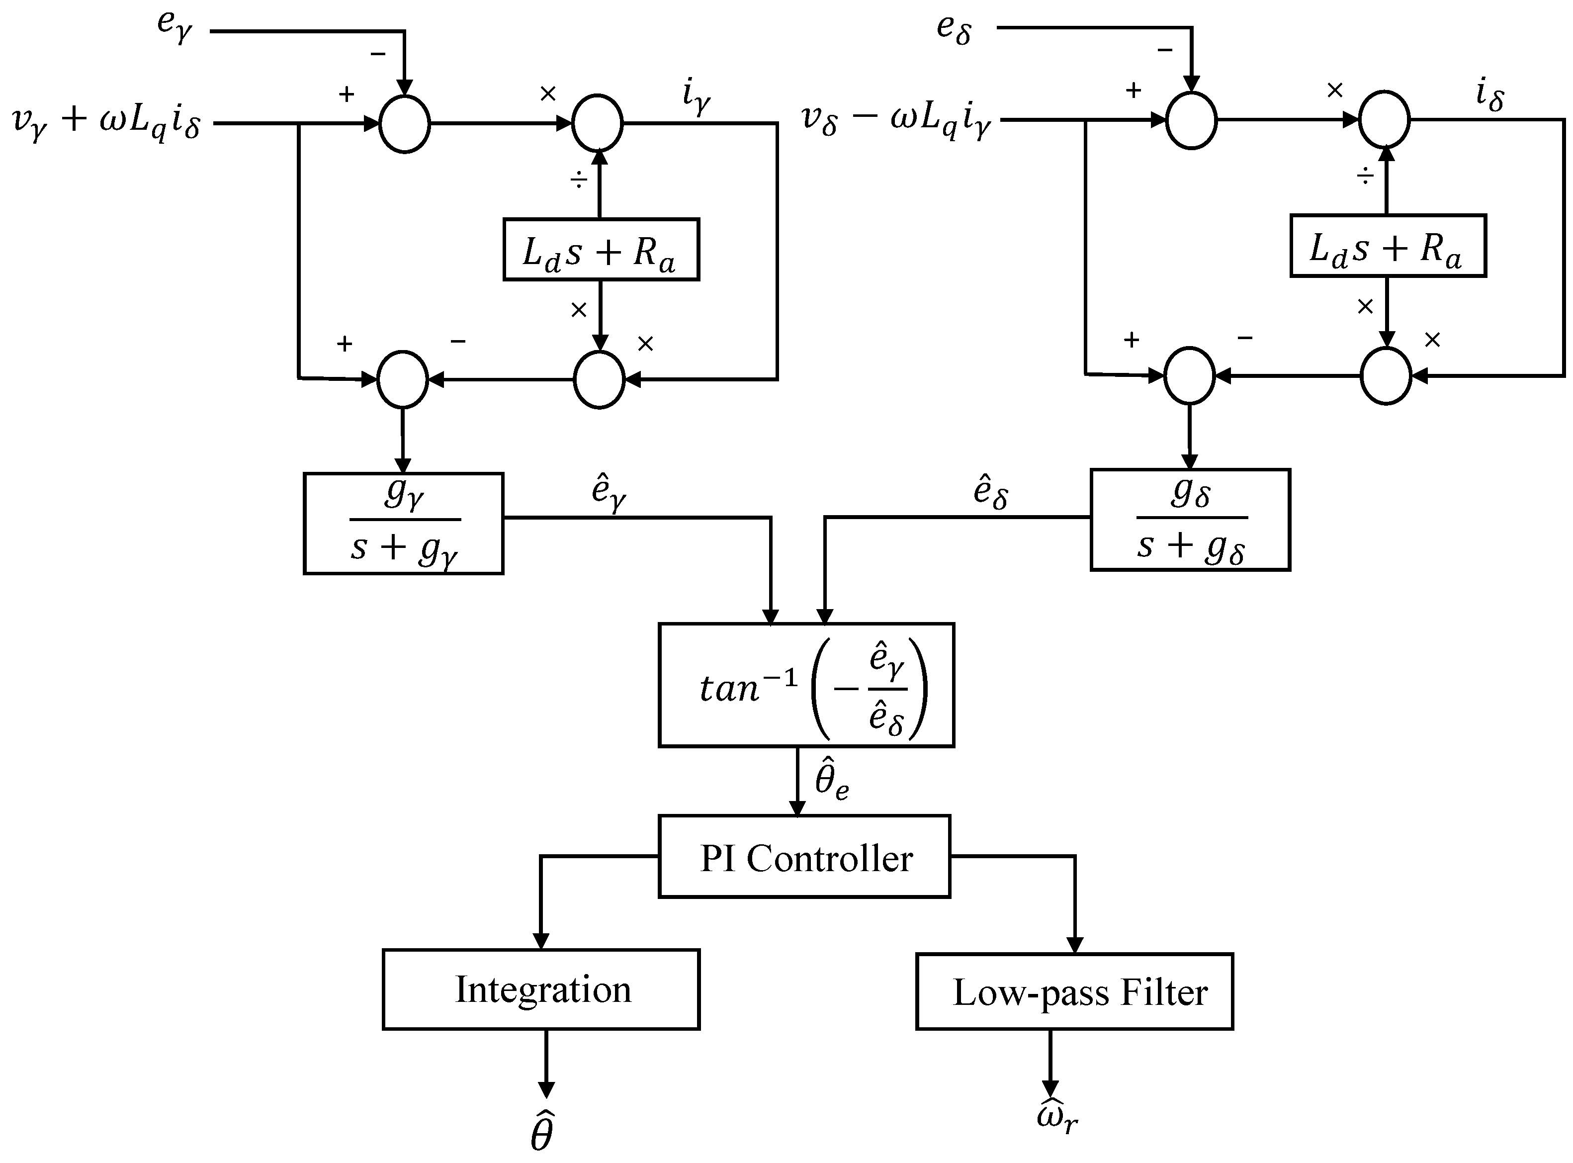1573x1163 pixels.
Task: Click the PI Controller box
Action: [x=804, y=857]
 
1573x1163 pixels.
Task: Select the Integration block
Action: [x=540, y=989]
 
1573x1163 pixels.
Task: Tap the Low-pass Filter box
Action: [x=1074, y=992]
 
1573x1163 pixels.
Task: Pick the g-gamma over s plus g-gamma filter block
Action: [x=403, y=523]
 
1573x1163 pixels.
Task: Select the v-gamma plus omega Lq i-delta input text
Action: [x=107, y=123]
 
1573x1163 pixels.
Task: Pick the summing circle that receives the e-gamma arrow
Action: [x=404, y=124]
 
